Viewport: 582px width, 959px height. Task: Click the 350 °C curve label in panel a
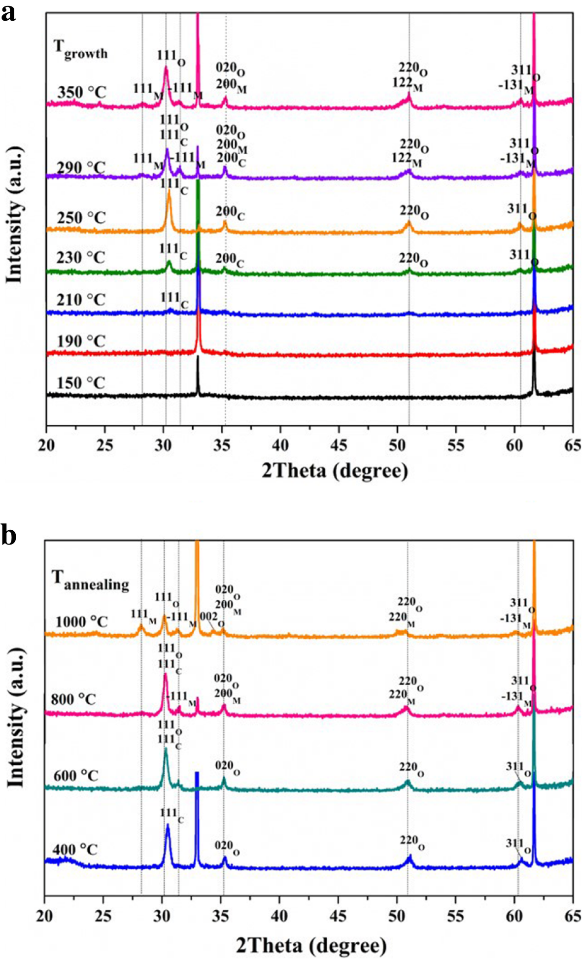click(x=82, y=92)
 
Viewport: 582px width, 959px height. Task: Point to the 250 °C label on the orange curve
click(x=82, y=217)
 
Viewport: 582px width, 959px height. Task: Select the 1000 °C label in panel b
click(x=81, y=621)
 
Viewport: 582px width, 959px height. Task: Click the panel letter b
click(x=9, y=536)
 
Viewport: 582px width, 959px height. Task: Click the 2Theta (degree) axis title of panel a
click(x=335, y=471)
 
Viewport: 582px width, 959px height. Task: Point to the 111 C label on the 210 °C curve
click(x=174, y=299)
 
